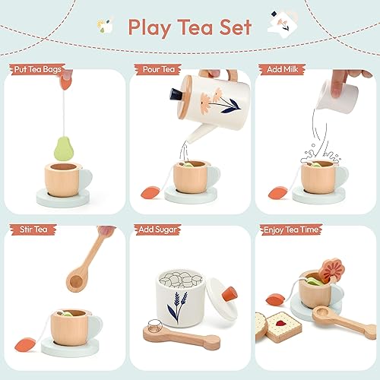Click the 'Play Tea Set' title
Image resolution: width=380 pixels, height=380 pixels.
pyautogui.click(x=190, y=27)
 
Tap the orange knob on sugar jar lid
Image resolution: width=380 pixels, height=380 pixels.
pyautogui.click(x=227, y=290)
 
